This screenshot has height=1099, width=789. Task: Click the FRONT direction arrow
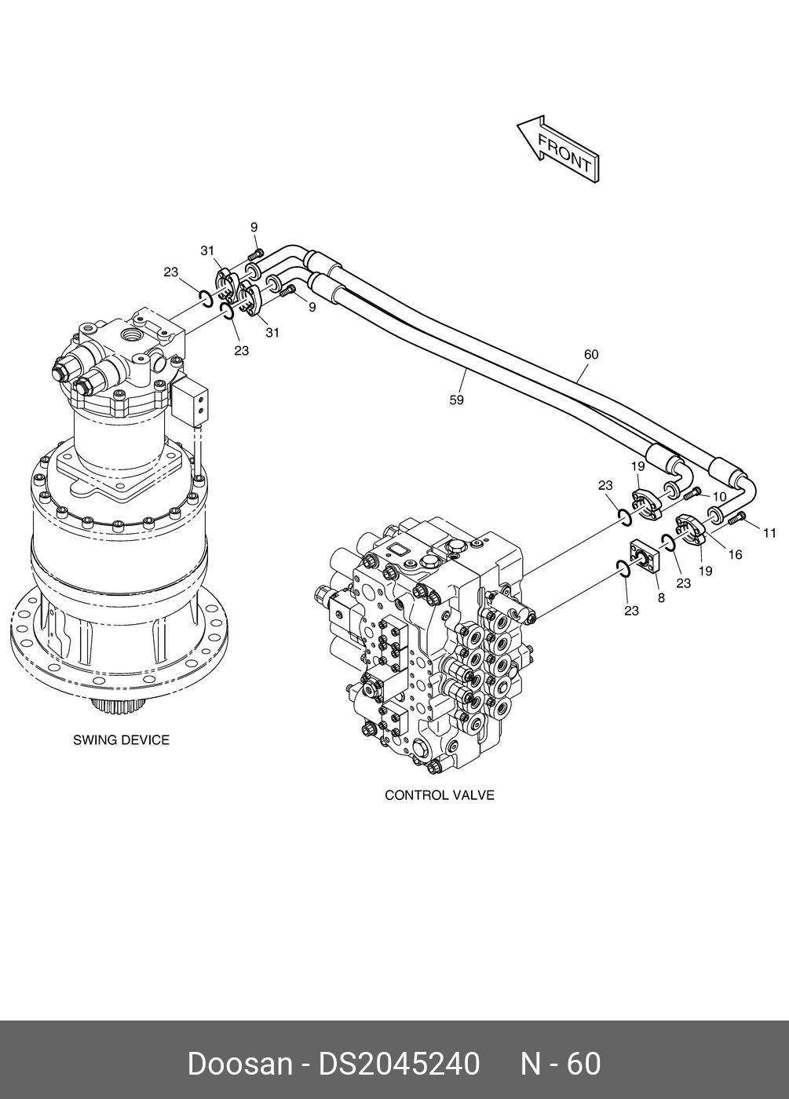click(558, 149)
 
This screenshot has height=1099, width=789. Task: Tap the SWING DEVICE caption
click(121, 739)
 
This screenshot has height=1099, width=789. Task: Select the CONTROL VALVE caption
click(439, 795)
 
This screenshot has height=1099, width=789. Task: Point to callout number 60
click(590, 354)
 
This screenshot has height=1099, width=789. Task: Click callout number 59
click(456, 400)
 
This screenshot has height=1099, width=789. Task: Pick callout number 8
click(661, 598)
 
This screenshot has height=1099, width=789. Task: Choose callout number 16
click(735, 554)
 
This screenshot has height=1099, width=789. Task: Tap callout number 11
click(770, 533)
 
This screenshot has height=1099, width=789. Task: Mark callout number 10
click(719, 497)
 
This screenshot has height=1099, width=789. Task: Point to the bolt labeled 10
click(693, 494)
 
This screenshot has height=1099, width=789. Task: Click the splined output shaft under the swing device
click(119, 706)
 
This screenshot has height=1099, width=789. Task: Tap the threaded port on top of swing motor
click(133, 336)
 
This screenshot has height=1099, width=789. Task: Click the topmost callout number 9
click(254, 227)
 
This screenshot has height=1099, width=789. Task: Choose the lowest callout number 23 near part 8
click(631, 611)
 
